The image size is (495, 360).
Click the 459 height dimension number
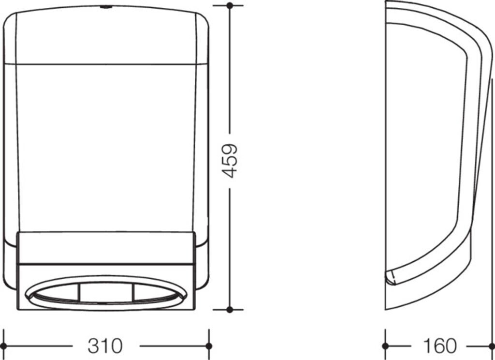click(230, 161)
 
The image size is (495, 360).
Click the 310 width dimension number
click(105, 346)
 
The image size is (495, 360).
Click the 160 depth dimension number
click(440, 346)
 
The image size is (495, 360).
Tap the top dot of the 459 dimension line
click(230, 5)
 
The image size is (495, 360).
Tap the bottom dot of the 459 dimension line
click(230, 310)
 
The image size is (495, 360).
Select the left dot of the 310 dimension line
click(3, 346)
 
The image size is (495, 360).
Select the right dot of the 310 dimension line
click(209, 346)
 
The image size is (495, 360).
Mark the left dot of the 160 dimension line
click(385, 346)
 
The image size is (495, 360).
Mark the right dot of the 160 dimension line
click(492, 346)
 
